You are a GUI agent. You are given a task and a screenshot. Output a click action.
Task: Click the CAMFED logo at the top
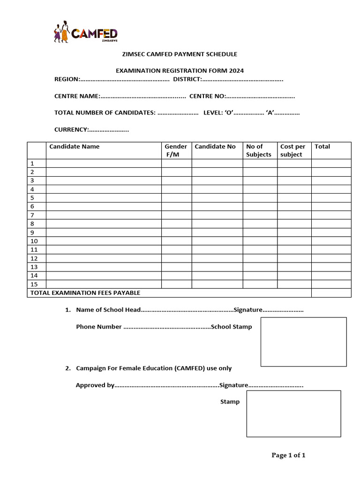coord(86,33)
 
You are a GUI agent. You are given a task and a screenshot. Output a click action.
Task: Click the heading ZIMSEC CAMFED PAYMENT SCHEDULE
coord(180,54)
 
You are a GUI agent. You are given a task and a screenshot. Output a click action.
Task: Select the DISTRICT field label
coord(187,79)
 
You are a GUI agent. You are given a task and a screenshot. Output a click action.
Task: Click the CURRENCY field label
coord(71,129)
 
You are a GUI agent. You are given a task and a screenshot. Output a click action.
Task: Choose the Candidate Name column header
coord(75,147)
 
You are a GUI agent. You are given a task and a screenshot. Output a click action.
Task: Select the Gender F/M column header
coord(176,150)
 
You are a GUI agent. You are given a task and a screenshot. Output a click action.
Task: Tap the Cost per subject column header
coord(293,150)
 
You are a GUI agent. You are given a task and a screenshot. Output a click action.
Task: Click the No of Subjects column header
coord(259,150)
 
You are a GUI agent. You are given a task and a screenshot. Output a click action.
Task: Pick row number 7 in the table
coord(32,215)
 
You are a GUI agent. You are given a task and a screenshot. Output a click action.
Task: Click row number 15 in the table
coord(34,284)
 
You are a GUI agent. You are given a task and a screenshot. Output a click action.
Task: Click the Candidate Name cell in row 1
coord(103,164)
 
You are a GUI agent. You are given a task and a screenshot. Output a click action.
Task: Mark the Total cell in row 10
coord(331,241)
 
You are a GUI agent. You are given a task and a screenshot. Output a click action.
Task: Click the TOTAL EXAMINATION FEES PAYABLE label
coord(85,293)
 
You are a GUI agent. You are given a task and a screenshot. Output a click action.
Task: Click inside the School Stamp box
coord(303,342)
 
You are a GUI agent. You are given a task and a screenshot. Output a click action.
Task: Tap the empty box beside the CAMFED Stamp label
coord(293,414)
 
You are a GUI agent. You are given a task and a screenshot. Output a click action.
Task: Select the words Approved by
coord(95,385)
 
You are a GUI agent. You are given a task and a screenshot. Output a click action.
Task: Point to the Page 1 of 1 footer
coord(288,455)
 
